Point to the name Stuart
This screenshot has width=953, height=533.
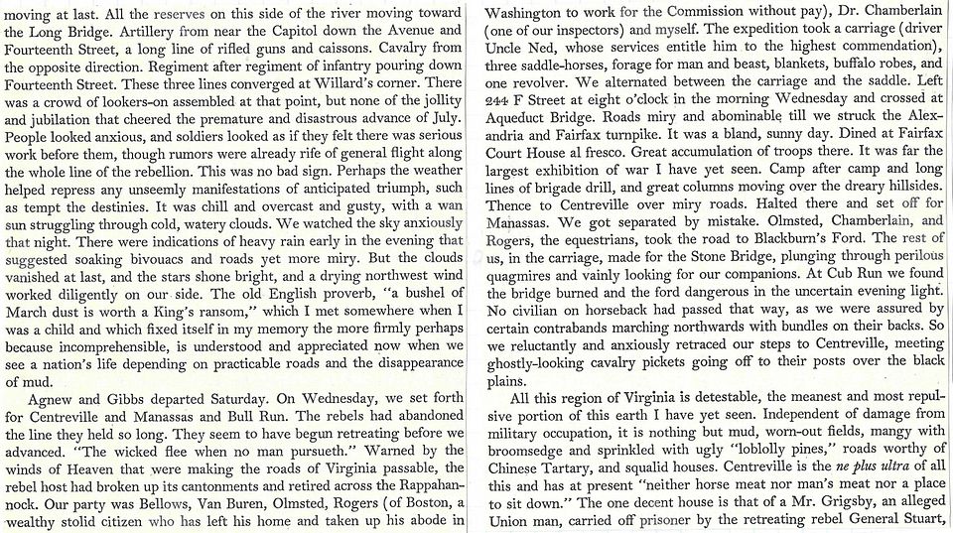pos(920,519)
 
